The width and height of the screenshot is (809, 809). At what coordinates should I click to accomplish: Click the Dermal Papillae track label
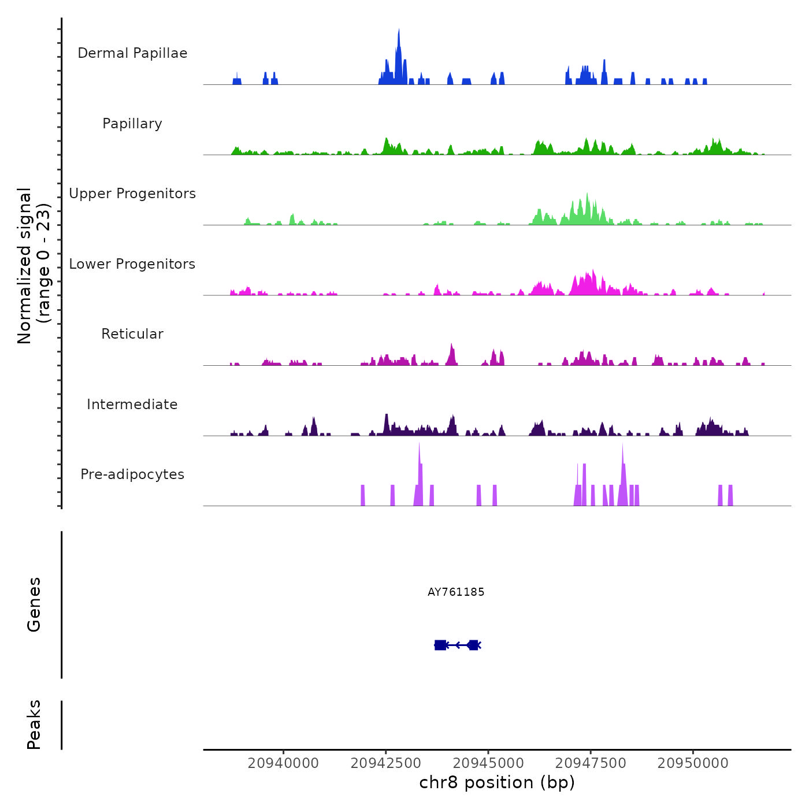tap(132, 53)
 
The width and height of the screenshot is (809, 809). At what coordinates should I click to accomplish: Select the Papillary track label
tap(132, 124)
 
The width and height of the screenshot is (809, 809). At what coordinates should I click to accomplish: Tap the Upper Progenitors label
tap(132, 194)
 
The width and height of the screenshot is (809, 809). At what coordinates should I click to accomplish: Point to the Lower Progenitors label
tap(132, 264)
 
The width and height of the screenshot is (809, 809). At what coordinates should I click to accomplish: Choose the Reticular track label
tap(132, 334)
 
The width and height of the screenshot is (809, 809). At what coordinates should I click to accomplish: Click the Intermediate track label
tap(132, 404)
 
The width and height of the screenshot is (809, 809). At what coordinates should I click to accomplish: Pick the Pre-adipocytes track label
tap(132, 474)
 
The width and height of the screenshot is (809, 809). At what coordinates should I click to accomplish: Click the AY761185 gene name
tap(456, 592)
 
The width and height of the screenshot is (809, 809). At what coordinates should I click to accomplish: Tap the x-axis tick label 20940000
tap(283, 763)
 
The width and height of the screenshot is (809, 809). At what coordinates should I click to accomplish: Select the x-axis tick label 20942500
tap(386, 763)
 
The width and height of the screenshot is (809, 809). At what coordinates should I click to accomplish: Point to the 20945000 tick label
tap(488, 763)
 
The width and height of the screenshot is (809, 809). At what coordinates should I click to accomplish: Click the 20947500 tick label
tap(591, 763)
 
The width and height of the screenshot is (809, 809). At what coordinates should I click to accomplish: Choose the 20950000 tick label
tap(693, 763)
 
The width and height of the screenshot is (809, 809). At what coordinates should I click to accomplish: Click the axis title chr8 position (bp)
tap(497, 783)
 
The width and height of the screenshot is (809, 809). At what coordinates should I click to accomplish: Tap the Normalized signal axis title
tap(34, 265)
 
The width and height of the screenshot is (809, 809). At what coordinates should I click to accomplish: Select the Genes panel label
tap(34, 604)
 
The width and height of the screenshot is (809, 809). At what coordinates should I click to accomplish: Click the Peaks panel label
tap(34, 725)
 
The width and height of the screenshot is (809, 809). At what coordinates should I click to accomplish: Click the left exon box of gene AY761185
tap(440, 645)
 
